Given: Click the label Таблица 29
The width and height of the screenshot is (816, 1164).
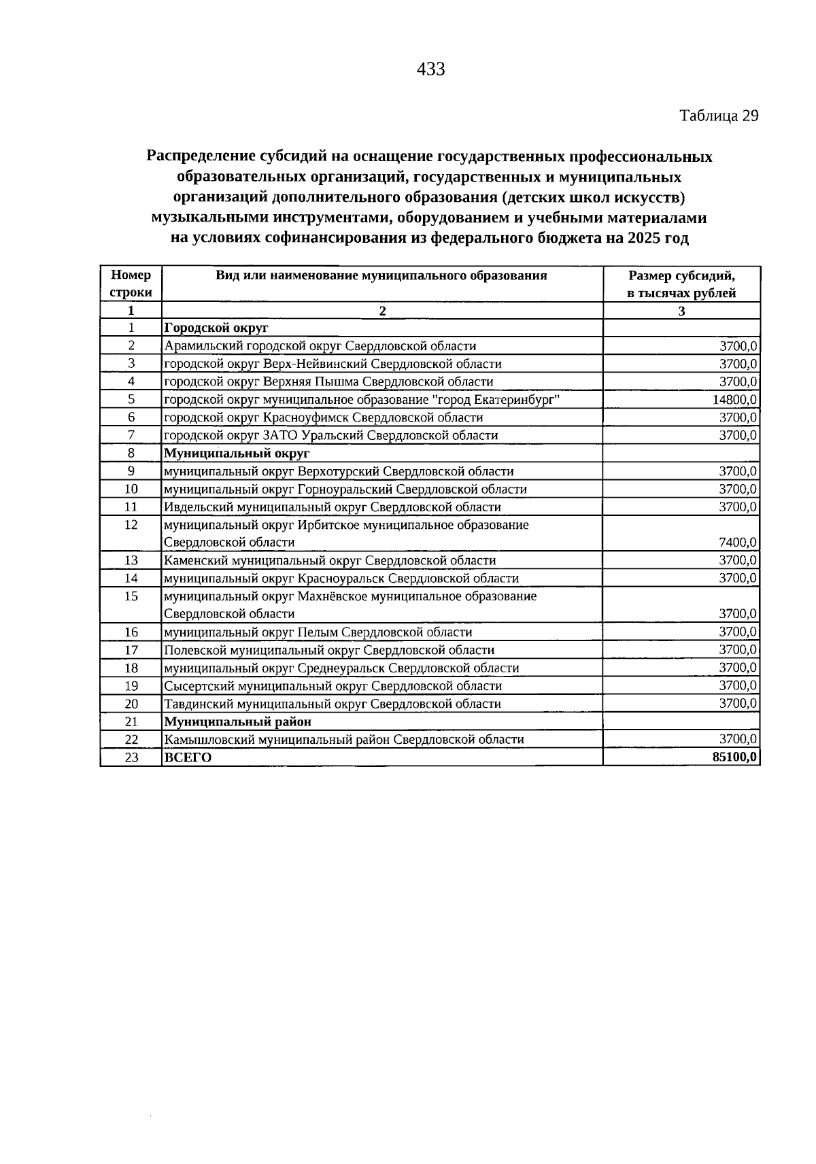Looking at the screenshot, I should pyautogui.click(x=719, y=116).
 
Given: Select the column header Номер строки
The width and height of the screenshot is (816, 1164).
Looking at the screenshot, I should pyautogui.click(x=131, y=284).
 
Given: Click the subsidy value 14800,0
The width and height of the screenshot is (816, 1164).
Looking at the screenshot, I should pyautogui.click(x=735, y=400).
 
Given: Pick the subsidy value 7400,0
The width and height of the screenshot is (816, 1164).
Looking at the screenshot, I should pyautogui.click(x=738, y=543).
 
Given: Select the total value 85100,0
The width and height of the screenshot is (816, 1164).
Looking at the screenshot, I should pyautogui.click(x=735, y=757).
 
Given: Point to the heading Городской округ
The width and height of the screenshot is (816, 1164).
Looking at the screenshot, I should pyautogui.click(x=207, y=328).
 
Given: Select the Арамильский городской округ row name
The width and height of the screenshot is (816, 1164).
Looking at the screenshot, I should pyautogui.click(x=320, y=346).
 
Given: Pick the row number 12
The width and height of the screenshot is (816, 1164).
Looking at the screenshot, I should pyautogui.click(x=131, y=525).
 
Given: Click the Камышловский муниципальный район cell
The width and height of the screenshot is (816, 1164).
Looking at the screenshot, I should pyautogui.click(x=344, y=740).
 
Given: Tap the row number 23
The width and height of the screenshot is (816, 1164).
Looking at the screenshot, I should pyautogui.click(x=131, y=758).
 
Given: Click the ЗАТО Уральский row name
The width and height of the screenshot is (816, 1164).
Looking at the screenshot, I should pyautogui.click(x=330, y=435).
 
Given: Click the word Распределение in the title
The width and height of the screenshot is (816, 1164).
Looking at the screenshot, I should pyautogui.click(x=201, y=157).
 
